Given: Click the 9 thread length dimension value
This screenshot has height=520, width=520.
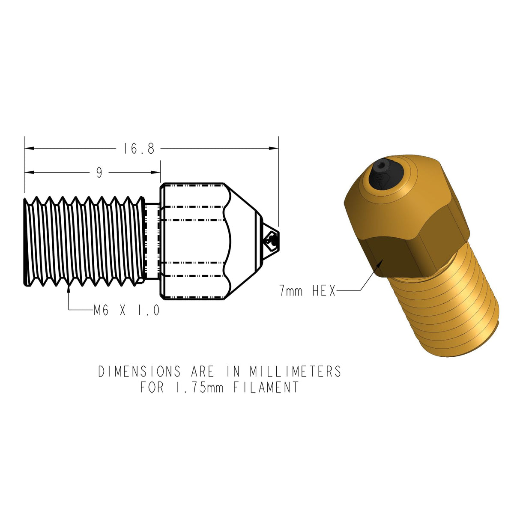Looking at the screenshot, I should [x=99, y=173].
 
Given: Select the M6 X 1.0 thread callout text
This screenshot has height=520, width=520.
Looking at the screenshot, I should [x=126, y=311].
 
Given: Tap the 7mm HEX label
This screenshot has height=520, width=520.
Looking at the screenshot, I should [x=308, y=291].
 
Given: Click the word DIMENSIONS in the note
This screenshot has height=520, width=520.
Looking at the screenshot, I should [x=139, y=371].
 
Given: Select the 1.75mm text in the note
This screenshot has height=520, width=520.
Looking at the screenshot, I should [x=200, y=388].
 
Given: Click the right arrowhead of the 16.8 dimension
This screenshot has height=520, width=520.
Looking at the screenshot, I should [x=275, y=148].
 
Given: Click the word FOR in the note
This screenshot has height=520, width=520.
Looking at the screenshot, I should [x=152, y=388].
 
